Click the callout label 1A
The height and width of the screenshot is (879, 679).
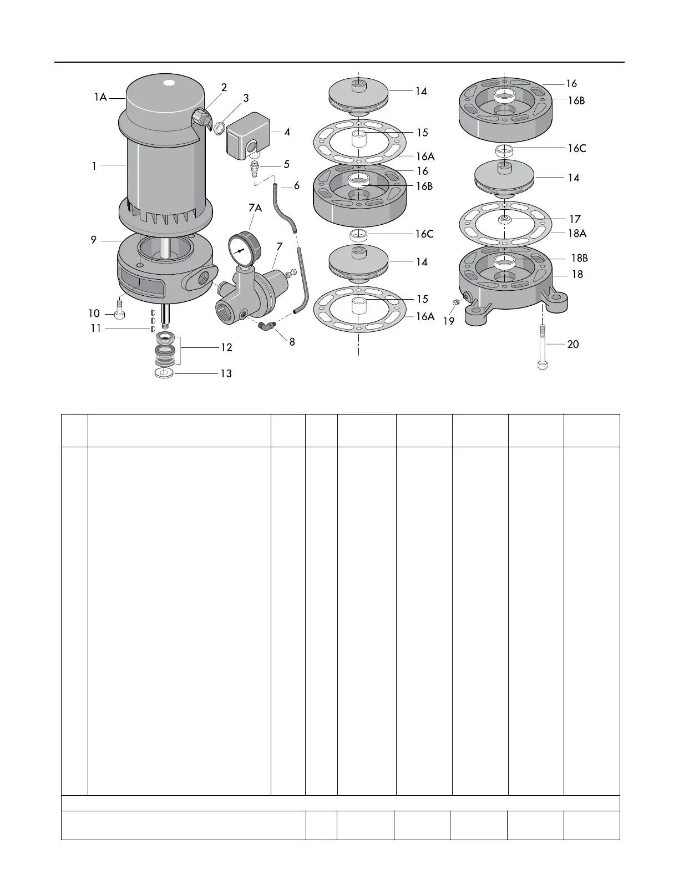(100, 98)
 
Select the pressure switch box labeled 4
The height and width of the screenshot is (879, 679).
(248, 136)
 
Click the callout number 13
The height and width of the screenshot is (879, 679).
(226, 373)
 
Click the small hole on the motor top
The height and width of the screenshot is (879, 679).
(169, 84)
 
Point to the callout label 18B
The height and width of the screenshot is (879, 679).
(579, 258)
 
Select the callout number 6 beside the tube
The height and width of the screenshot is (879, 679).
(297, 185)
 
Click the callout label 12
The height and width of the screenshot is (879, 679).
(226, 347)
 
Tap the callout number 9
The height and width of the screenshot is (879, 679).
(94, 240)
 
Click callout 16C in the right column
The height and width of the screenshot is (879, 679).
(576, 149)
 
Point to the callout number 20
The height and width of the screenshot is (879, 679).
(573, 344)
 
